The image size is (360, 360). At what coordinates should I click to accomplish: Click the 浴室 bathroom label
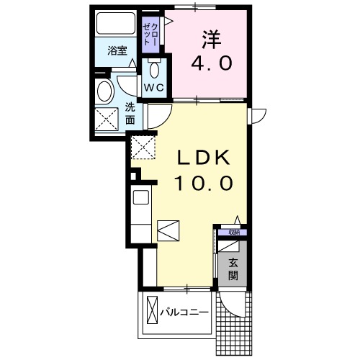click(x=117, y=50)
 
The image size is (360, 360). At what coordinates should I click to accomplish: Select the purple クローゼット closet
click(x=152, y=33)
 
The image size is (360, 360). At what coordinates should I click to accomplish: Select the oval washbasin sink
click(x=105, y=91)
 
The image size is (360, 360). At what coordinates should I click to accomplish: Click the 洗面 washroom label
click(x=130, y=113)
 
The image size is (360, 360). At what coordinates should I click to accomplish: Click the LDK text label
click(x=204, y=156)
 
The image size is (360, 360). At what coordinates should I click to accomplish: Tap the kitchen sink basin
click(x=140, y=196)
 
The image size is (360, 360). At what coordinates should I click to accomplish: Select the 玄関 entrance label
click(x=233, y=269)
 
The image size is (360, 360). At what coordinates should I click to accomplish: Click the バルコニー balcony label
click(x=184, y=312)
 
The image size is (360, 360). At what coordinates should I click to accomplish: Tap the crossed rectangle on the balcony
click(x=152, y=312)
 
